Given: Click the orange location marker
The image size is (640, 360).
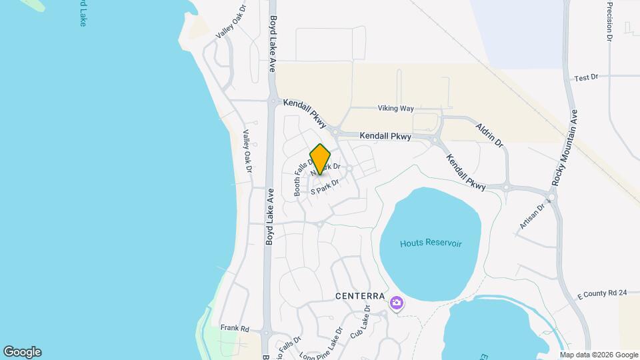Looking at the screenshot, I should pos(320,159).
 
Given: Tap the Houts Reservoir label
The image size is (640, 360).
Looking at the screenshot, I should pos(431,243).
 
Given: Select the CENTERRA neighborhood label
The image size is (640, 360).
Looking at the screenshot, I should pos(360,295).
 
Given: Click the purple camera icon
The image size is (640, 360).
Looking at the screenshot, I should pos(397,303).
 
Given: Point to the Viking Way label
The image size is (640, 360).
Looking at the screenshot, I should pos(396,108).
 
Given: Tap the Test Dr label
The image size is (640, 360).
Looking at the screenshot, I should pos(586,78).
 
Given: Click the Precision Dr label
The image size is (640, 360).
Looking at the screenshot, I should pos(609,21).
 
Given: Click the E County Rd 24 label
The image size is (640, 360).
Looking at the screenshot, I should pos(602,293).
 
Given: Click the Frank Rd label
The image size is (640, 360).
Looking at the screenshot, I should pos(235,328).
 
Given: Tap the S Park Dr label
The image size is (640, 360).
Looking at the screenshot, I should pos(325,186).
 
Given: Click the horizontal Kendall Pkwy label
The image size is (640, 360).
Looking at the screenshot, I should pos(385,135).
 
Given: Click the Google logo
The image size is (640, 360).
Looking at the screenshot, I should pos(22,352).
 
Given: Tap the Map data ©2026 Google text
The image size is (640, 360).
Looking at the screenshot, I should pos(599,355).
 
